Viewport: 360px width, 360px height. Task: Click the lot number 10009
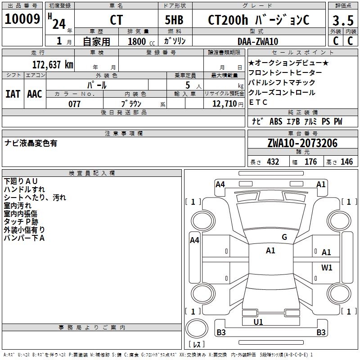[x=22, y=19]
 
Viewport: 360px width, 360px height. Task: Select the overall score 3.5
[x=342, y=21]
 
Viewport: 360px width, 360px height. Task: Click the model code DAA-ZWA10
[x=258, y=41]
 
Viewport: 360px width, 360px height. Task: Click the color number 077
[x=74, y=104]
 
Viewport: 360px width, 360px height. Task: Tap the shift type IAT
[x=13, y=94]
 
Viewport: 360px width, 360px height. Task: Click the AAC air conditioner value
[x=34, y=94]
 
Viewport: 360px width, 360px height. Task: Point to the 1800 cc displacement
[x=137, y=41]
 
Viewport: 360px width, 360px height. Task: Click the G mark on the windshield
[x=284, y=237]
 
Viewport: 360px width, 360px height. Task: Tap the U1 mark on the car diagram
[x=258, y=322]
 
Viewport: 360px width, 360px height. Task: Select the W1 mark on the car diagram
[x=327, y=268]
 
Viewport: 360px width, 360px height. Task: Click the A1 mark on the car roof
[x=270, y=251]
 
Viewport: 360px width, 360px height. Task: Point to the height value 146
[x=346, y=162]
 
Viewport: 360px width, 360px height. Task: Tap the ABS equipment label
[x=275, y=121]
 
